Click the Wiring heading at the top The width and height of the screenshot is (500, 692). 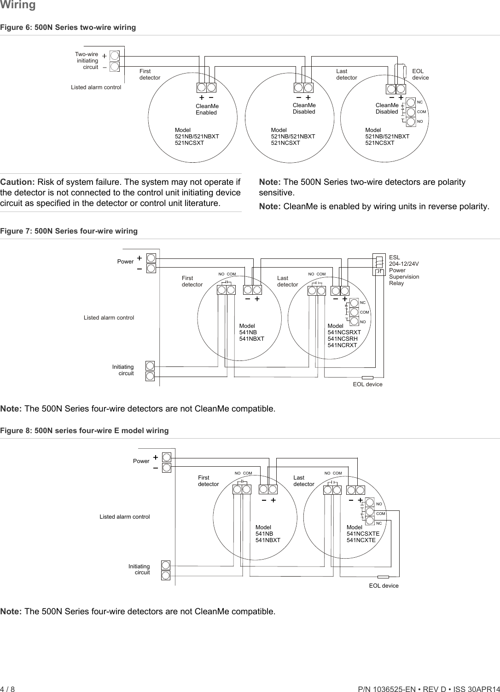click(18, 5)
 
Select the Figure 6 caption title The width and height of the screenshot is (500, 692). click(68, 27)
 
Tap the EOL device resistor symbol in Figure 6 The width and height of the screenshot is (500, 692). click(405, 72)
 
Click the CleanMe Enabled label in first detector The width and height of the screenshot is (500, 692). click(207, 109)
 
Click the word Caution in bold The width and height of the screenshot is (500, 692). click(17, 182)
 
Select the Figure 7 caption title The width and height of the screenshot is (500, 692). click(69, 231)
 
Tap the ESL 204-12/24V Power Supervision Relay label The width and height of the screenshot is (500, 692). click(404, 270)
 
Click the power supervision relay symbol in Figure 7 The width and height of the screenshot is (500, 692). click(379, 265)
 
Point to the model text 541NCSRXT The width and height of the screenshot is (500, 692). click(344, 332)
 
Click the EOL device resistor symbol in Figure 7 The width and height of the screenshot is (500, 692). click(367, 378)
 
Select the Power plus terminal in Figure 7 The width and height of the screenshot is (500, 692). click(151, 258)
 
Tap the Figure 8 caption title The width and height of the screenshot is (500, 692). click(84, 430)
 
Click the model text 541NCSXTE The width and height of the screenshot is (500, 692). click(363, 534)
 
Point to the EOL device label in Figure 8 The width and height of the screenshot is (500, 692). click(384, 586)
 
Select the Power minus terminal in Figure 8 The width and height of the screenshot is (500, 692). click(167, 468)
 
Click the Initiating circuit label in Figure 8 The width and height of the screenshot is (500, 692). click(139, 569)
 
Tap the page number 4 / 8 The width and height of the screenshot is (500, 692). click(7, 689)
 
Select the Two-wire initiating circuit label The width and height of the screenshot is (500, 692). click(87, 61)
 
